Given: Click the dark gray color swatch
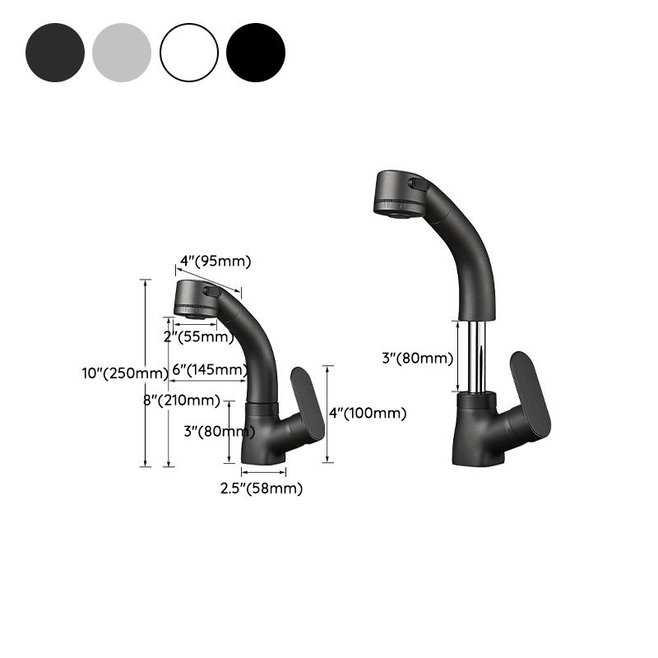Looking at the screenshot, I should pyautogui.click(x=55, y=53).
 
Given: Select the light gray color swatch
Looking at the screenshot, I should pyautogui.click(x=123, y=53).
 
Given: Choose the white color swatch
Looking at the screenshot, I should pyautogui.click(x=189, y=53).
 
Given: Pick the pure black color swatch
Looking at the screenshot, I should pyautogui.click(x=256, y=53).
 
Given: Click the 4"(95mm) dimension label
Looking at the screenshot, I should pyautogui.click(x=215, y=262).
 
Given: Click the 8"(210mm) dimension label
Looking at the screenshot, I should pyautogui.click(x=182, y=401).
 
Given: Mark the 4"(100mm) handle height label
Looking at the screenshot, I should pyautogui.click(x=368, y=414).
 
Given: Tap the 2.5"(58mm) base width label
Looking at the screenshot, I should pyautogui.click(x=261, y=489).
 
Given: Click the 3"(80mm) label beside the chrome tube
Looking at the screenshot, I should pyautogui.click(x=417, y=358).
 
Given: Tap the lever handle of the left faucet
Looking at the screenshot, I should pyautogui.click(x=308, y=403).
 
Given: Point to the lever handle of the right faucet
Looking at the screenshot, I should pyautogui.click(x=530, y=395).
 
